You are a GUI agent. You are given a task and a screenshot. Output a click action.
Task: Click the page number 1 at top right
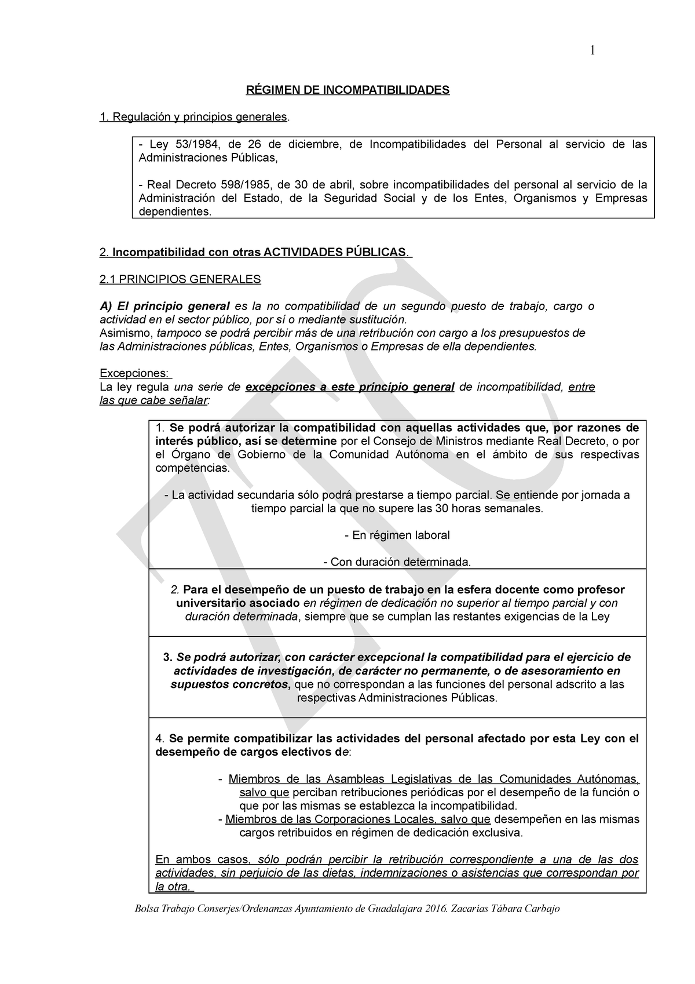pos(592,50)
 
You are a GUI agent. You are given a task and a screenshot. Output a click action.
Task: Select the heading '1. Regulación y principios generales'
pos(193,117)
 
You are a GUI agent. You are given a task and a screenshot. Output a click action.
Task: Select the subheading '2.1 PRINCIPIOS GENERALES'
pos(180,279)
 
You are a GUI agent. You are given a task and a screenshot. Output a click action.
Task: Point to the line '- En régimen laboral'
pos(397,535)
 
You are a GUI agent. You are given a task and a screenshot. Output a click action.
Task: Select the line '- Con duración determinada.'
pos(397,562)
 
